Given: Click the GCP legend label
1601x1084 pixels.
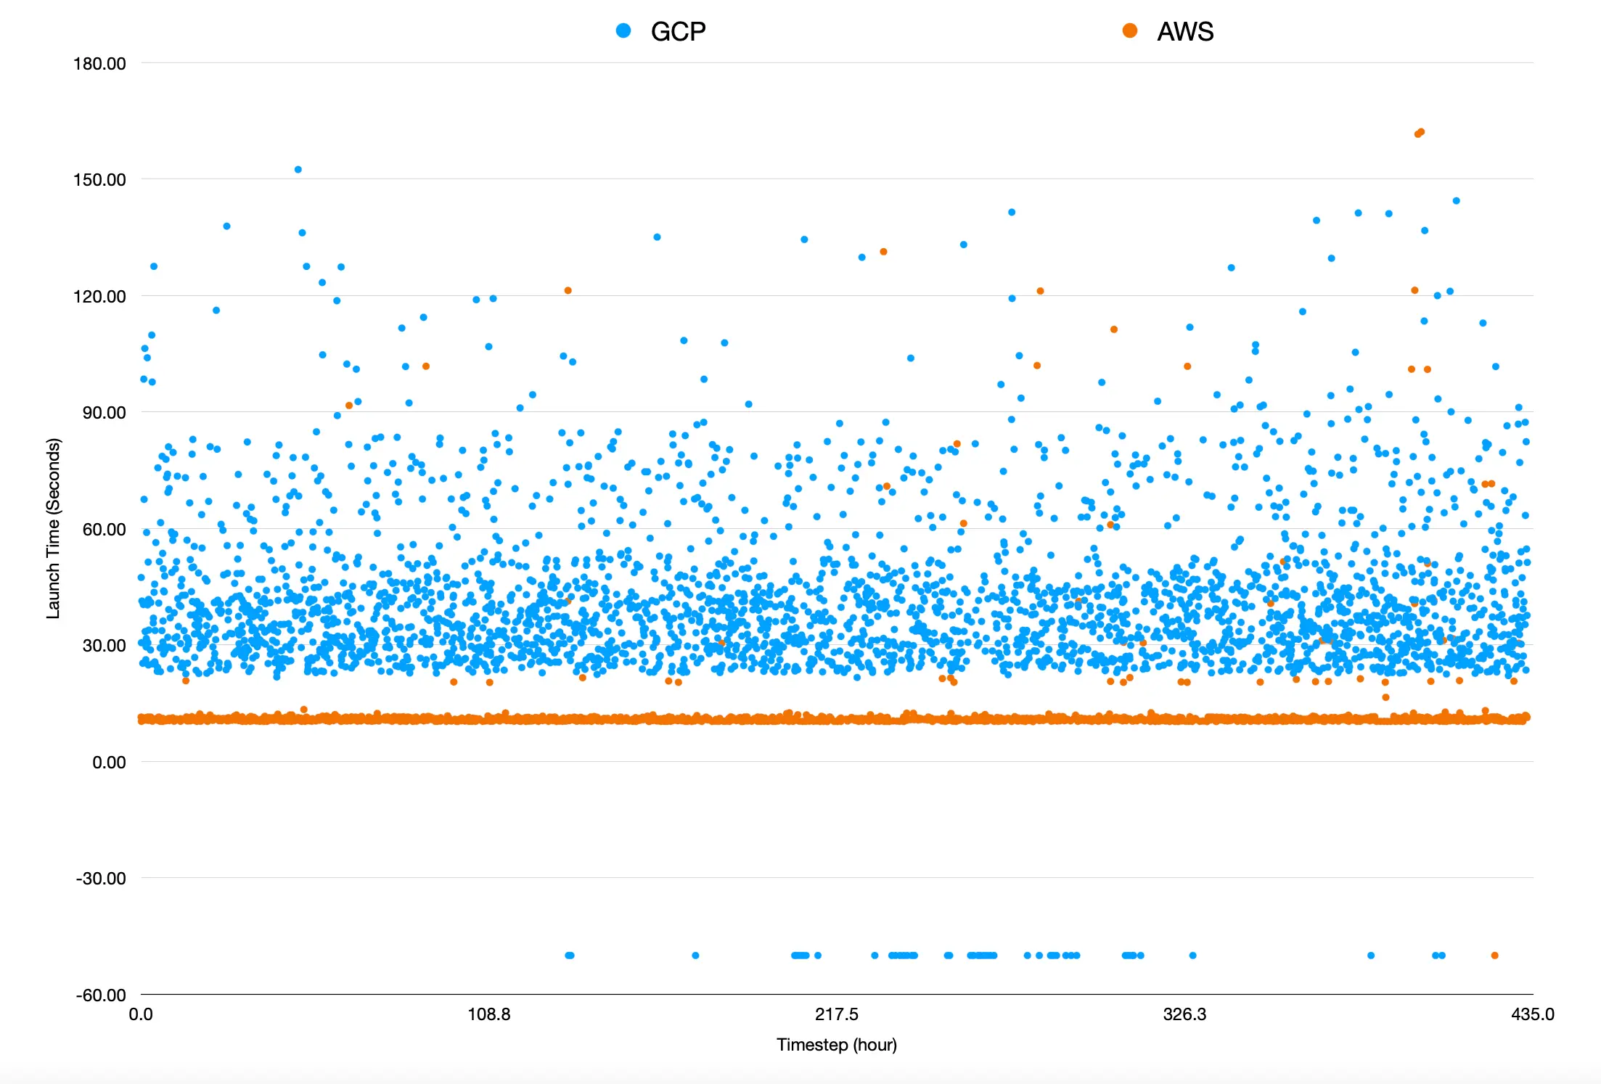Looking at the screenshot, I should pos(678,32).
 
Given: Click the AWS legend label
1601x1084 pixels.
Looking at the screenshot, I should pos(1185,32).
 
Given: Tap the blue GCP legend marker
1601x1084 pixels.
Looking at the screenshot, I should pos(623,30).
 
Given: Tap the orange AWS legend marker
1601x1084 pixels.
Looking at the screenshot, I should pos(1130,30).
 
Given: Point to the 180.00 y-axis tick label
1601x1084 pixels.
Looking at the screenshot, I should pos(99,64).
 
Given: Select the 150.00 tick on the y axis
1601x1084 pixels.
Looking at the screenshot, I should pos(99,180).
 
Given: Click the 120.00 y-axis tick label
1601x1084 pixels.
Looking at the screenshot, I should pos(99,297).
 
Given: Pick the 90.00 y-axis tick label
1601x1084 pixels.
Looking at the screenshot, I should pos(104,413).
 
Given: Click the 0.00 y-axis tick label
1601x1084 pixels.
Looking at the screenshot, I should pos(109,763).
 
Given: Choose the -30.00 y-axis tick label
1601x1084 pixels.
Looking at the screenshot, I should pos(101,879).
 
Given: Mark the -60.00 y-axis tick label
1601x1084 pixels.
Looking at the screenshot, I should pos(101,995).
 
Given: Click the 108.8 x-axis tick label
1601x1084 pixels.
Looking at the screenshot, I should pos(488,1014).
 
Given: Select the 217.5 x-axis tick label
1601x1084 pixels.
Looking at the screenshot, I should pos(836,1014).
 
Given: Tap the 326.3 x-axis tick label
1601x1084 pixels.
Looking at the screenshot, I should pos(1184,1014).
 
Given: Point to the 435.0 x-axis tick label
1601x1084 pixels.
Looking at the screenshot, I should pos(1532,1014).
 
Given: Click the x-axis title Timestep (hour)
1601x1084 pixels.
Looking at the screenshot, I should pos(836,1045).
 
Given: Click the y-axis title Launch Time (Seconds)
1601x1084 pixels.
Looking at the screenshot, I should pos(53,528).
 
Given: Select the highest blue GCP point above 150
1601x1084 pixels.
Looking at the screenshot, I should pos(298,170).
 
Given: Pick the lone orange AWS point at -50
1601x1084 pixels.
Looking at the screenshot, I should pos(1494,956).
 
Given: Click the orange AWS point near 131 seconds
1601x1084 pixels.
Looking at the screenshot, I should pos(883,252).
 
